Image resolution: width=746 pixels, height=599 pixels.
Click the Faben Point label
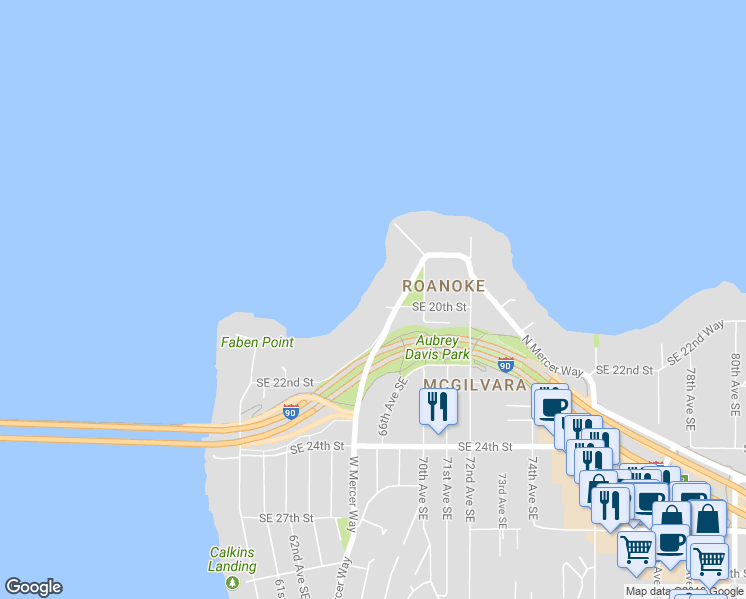tap(257, 342)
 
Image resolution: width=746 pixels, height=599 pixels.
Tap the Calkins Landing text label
tap(233, 559)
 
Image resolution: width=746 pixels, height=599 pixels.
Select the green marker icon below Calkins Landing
tap(233, 582)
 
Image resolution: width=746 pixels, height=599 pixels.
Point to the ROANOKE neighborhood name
tap(444, 286)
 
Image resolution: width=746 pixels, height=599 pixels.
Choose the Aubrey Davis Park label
tap(443, 347)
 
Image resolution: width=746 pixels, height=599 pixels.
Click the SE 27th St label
tap(286, 518)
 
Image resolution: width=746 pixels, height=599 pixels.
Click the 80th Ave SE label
tap(735, 384)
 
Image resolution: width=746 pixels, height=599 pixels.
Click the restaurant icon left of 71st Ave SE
tap(437, 407)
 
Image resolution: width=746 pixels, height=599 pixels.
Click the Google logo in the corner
tap(33, 587)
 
